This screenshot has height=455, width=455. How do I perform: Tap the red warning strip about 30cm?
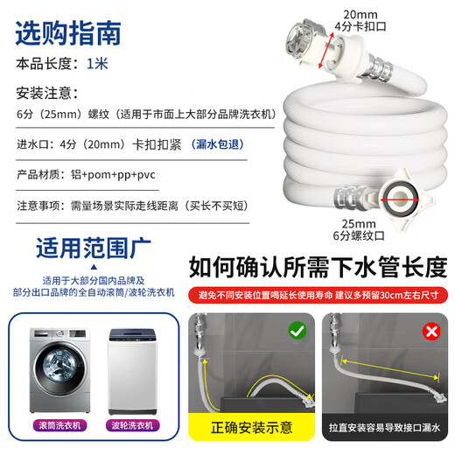[318, 293]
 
